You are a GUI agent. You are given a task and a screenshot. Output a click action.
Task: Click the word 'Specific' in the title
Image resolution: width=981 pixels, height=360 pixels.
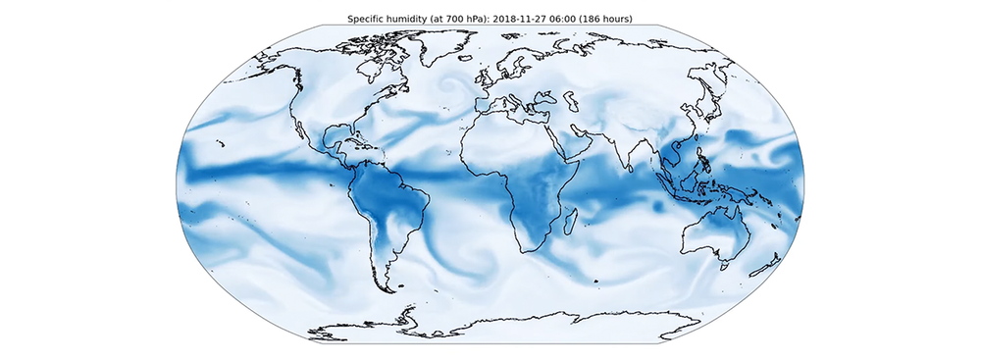coord(369,19)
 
